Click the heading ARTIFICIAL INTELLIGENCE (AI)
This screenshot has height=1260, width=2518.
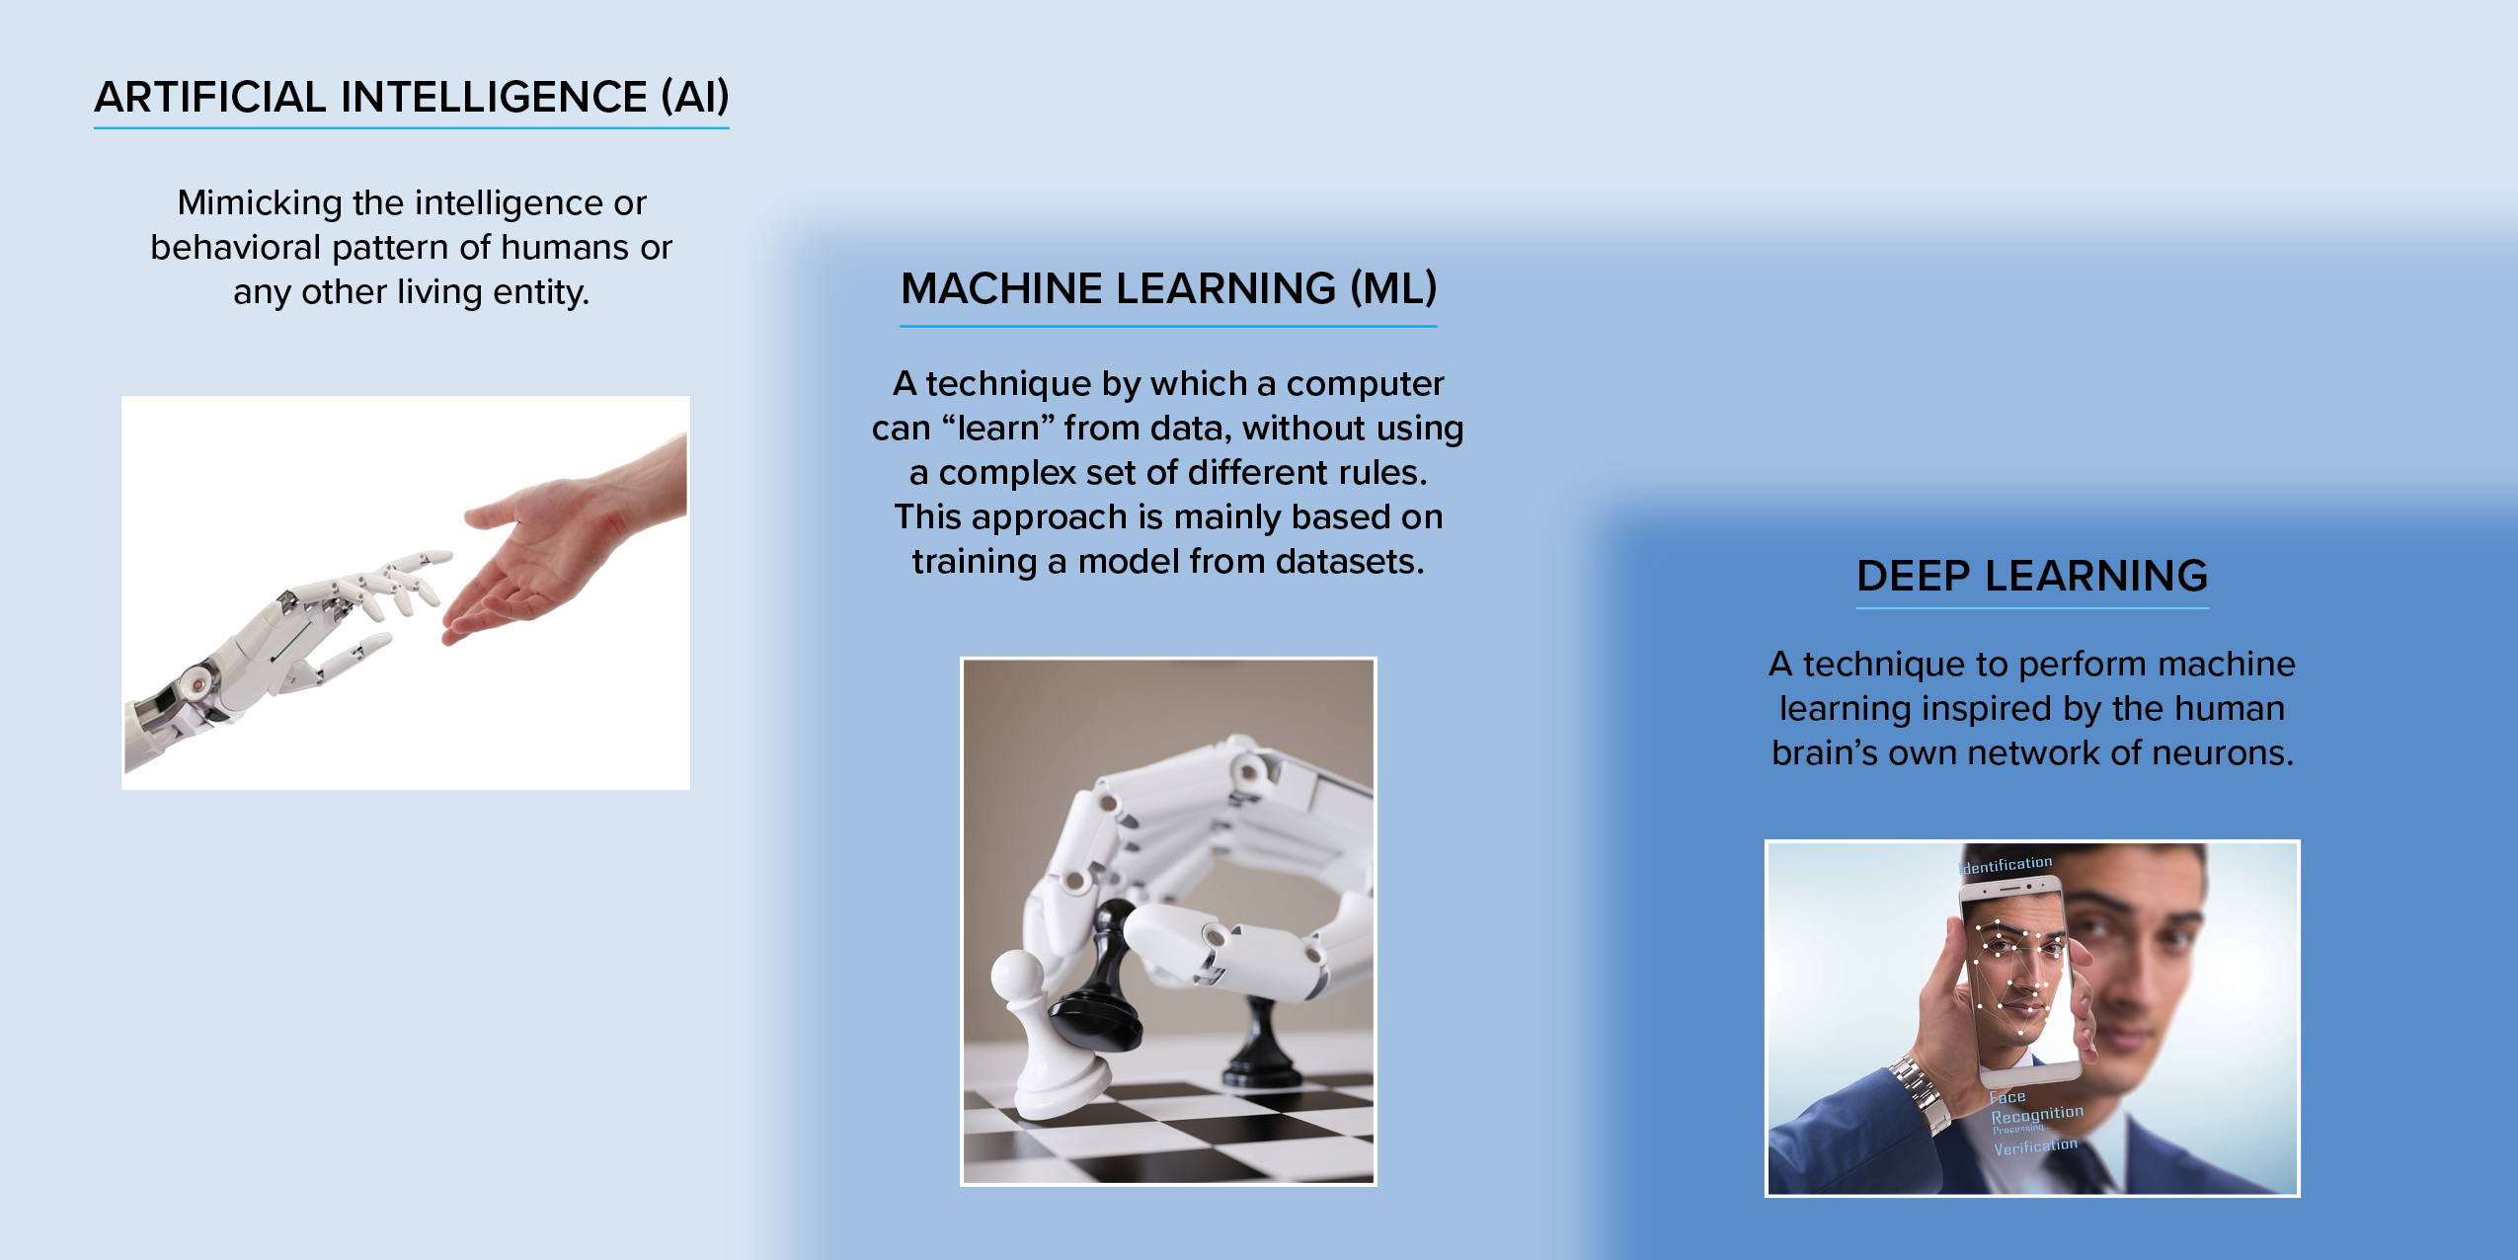pos(412,97)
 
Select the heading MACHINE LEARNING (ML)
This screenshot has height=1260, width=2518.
pos(1169,288)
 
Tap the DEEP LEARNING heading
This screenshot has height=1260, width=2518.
pos(2032,576)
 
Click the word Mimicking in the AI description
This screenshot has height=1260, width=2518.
pos(259,203)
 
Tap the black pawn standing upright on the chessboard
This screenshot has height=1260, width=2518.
pos(1263,1046)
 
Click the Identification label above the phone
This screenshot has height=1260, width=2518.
pos(2006,865)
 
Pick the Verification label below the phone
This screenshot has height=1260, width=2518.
pos(2035,1146)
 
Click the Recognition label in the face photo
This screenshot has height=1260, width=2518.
pos(2037,1115)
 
